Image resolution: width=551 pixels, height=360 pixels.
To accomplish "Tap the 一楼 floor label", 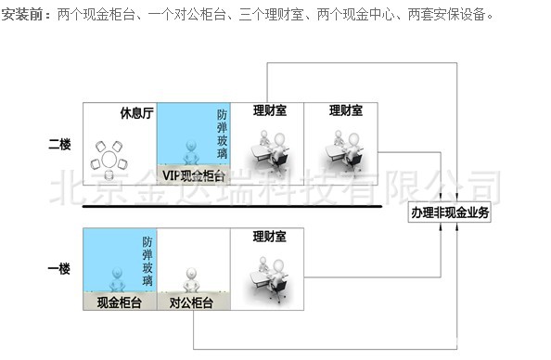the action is [x=59, y=268].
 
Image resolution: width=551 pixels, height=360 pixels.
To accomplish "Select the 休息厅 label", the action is [x=134, y=113].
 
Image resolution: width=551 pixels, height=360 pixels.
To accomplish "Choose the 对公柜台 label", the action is [x=191, y=302].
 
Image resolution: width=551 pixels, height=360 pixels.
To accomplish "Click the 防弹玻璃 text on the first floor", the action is [x=147, y=263].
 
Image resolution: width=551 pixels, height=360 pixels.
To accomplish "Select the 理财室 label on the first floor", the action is [x=267, y=236].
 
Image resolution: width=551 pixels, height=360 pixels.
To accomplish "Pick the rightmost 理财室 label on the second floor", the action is [x=345, y=110].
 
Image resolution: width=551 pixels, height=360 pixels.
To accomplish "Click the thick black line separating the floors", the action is [x=232, y=206].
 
